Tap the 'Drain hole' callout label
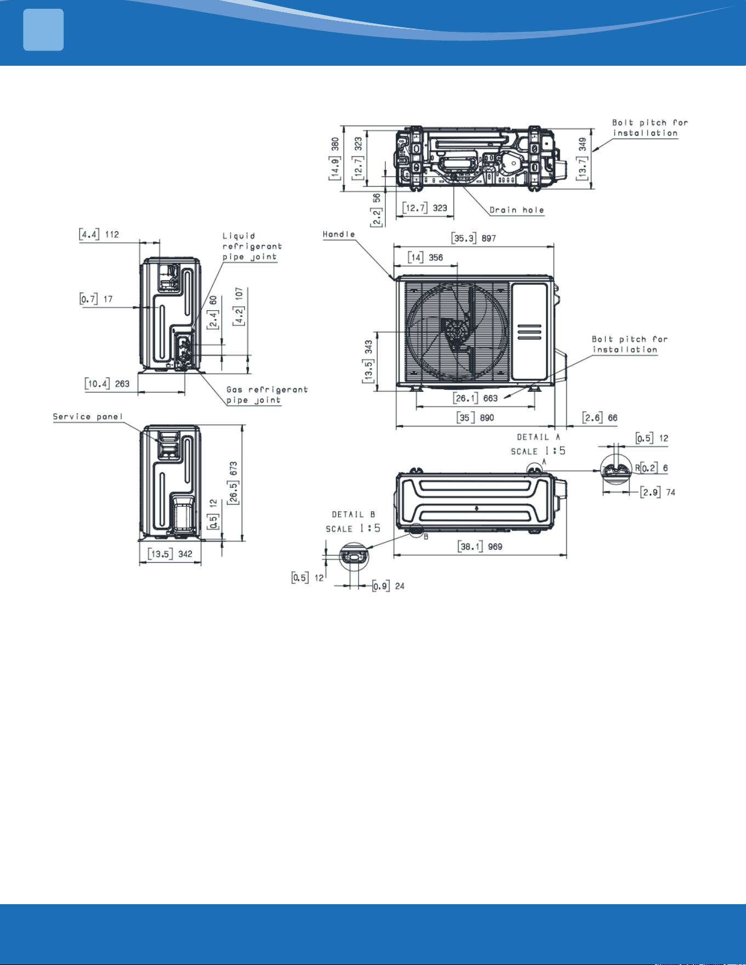pyautogui.click(x=517, y=210)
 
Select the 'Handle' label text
pyautogui.click(x=339, y=234)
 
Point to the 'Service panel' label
pyautogui.click(x=88, y=416)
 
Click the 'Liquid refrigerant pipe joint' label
pyautogui.click(x=252, y=247)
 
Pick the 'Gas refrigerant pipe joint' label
pyautogui.click(x=267, y=395)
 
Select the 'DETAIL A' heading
pyautogui.click(x=538, y=437)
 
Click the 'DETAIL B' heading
pyautogui.click(x=353, y=515)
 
